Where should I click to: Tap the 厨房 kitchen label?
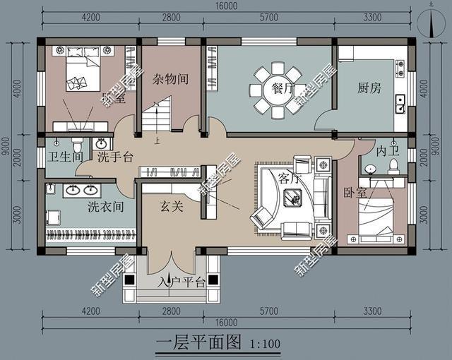[369, 89]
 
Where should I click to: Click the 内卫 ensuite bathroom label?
[388, 150]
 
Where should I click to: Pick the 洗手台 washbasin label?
[115, 157]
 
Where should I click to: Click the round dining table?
[272, 90]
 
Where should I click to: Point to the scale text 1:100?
[266, 346]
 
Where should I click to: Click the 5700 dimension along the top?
[270, 18]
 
